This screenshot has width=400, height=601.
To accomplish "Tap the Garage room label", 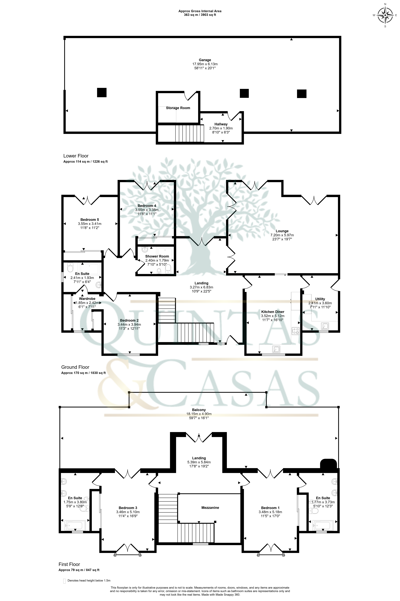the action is (x=205, y=60).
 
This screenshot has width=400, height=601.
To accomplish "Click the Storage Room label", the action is (x=178, y=108).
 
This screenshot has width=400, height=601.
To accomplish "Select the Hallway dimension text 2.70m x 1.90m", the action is (x=221, y=128).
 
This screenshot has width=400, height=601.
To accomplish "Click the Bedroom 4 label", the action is (x=147, y=206).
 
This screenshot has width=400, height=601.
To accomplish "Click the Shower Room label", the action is (x=157, y=256).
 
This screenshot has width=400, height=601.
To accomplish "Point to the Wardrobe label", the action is (x=87, y=299).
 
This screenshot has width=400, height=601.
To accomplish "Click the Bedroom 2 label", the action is (x=129, y=320).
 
